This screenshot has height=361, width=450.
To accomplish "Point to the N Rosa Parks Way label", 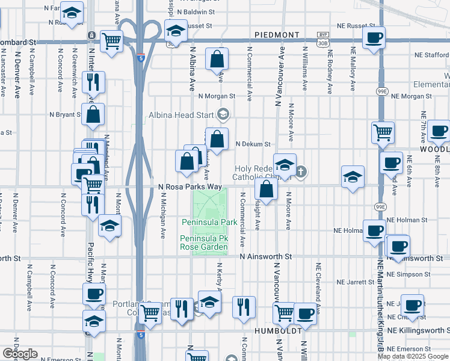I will tap(190, 187).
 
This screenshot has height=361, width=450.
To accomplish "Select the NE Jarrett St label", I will tap(356, 282).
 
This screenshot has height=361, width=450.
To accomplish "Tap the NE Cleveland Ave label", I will tap(317, 282).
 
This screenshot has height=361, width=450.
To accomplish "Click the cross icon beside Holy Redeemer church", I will tap(301, 173).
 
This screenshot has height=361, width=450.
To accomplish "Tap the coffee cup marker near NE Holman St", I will tap(374, 230).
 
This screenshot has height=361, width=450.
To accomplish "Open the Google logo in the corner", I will tap(19, 354).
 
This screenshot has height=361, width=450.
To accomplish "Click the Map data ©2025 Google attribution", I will tap(413, 356).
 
